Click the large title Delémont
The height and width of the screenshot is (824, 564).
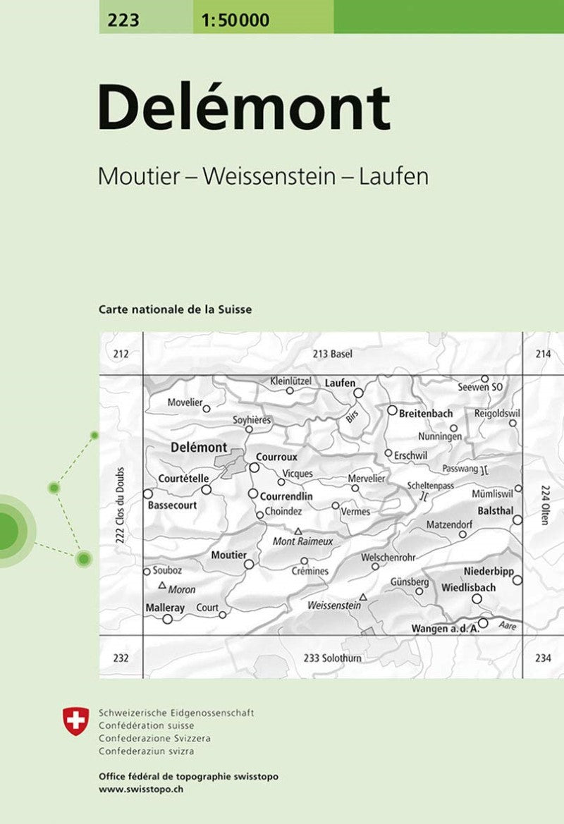coord(244,108)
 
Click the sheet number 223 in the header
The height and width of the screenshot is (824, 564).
coord(124,20)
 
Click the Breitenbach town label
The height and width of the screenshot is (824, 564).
coord(425,414)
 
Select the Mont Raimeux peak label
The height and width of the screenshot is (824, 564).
coord(302,541)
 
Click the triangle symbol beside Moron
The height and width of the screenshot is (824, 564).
coord(162,585)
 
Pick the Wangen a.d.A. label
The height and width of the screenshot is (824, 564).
coord(445,629)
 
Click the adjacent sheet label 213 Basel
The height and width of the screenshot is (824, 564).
coord(332,354)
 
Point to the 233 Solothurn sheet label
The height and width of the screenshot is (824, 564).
coord(333,658)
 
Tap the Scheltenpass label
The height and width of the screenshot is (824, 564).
coord(430,486)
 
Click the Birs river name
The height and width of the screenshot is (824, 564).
coord(352,416)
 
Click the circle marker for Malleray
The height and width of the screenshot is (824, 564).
coord(168,619)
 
